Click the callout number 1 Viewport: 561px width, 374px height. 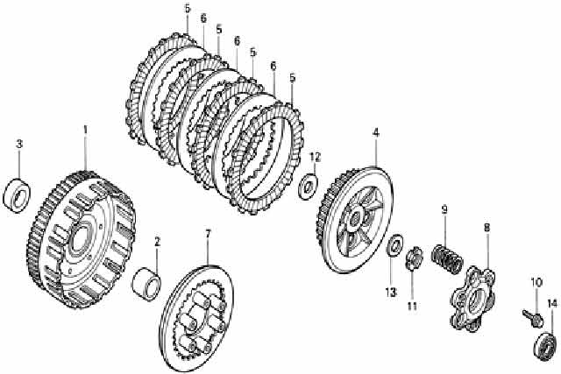(85, 130)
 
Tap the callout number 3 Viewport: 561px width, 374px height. (19, 145)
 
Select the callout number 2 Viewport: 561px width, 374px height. (157, 242)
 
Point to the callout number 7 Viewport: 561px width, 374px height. (208, 234)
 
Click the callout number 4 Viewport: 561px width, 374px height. (375, 132)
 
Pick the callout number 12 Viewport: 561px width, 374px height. (316, 157)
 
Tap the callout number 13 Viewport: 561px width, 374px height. (391, 293)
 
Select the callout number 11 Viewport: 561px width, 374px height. (412, 306)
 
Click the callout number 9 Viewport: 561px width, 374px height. (444, 209)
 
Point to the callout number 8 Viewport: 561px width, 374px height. (486, 227)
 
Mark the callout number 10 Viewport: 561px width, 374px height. (536, 282)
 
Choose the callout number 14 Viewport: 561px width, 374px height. (552, 304)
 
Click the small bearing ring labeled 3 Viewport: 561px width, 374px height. (17, 194)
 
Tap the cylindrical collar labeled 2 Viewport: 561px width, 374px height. (146, 282)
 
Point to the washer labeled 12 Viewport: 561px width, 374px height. (308, 186)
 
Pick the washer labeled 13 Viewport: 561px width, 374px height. (394, 245)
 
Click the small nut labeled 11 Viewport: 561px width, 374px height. (414, 258)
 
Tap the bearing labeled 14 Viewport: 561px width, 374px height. (546, 347)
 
